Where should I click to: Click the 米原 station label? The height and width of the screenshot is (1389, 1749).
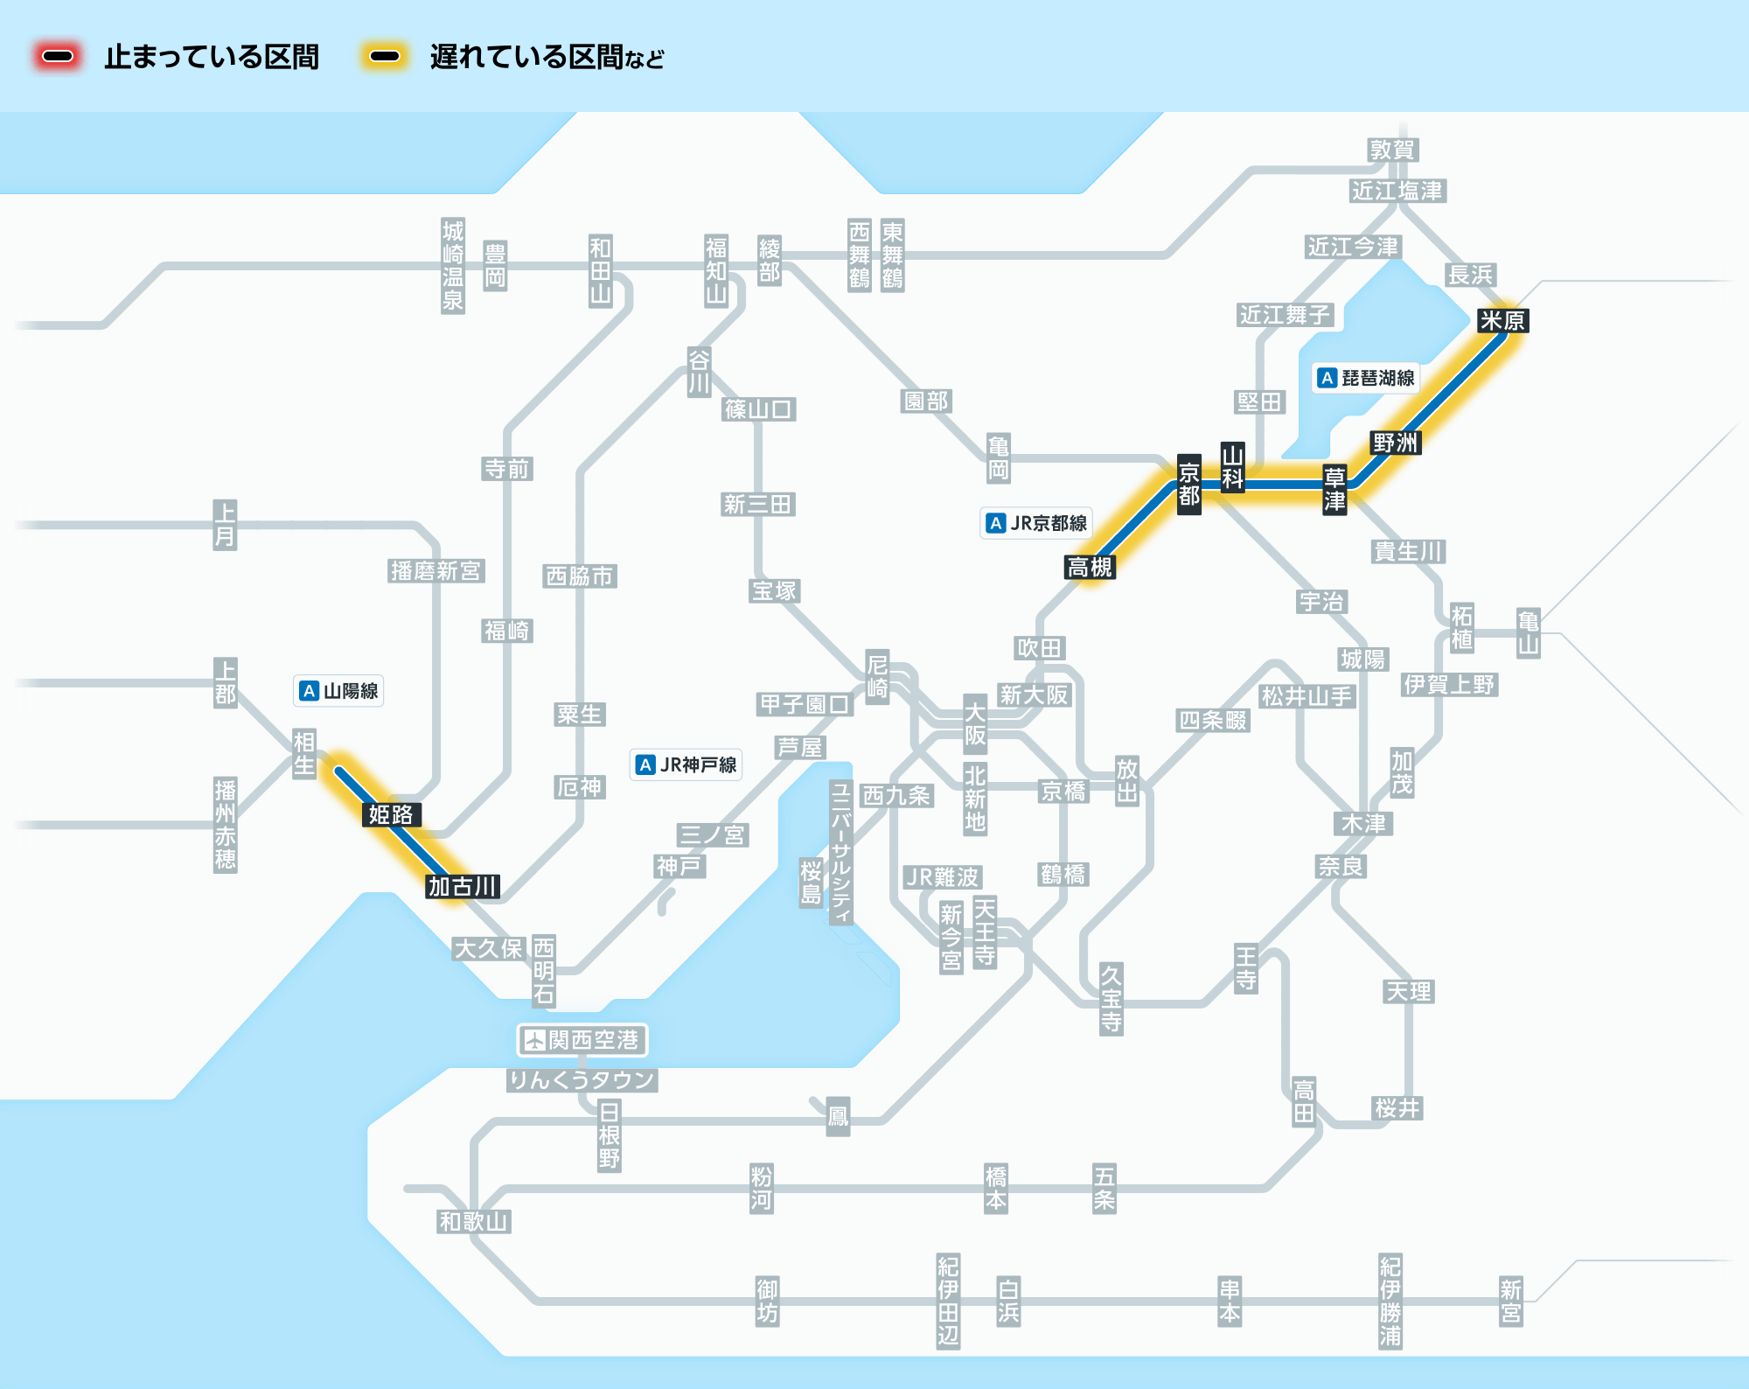1502,321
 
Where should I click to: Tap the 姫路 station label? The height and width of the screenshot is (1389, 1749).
391,814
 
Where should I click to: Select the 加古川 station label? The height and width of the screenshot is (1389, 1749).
463,886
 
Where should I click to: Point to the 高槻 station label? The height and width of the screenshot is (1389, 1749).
1090,567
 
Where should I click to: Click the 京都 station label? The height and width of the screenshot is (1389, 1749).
1188,485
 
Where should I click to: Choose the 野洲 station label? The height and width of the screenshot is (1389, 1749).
1395,443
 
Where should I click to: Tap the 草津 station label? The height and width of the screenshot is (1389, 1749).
1334,489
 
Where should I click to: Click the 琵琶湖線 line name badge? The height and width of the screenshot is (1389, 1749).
1367,378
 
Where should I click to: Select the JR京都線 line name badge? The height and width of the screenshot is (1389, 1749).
1036,523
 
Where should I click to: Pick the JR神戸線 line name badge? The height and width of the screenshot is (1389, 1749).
686,764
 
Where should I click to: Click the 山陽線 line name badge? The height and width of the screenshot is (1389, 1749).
338,691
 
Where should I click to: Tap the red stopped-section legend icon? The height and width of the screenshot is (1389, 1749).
58,57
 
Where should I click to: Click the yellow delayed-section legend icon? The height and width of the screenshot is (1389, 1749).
385,57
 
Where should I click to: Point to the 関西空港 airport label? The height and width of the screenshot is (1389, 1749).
582,1040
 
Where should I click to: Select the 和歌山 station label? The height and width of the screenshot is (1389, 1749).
473,1221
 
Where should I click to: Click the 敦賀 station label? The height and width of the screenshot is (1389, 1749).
1392,150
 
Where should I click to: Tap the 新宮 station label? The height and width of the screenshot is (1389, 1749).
1510,1301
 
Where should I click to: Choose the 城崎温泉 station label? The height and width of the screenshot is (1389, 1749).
452,266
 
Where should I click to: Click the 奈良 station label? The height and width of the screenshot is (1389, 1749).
1341,866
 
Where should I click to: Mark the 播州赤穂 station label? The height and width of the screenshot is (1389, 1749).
225,825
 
